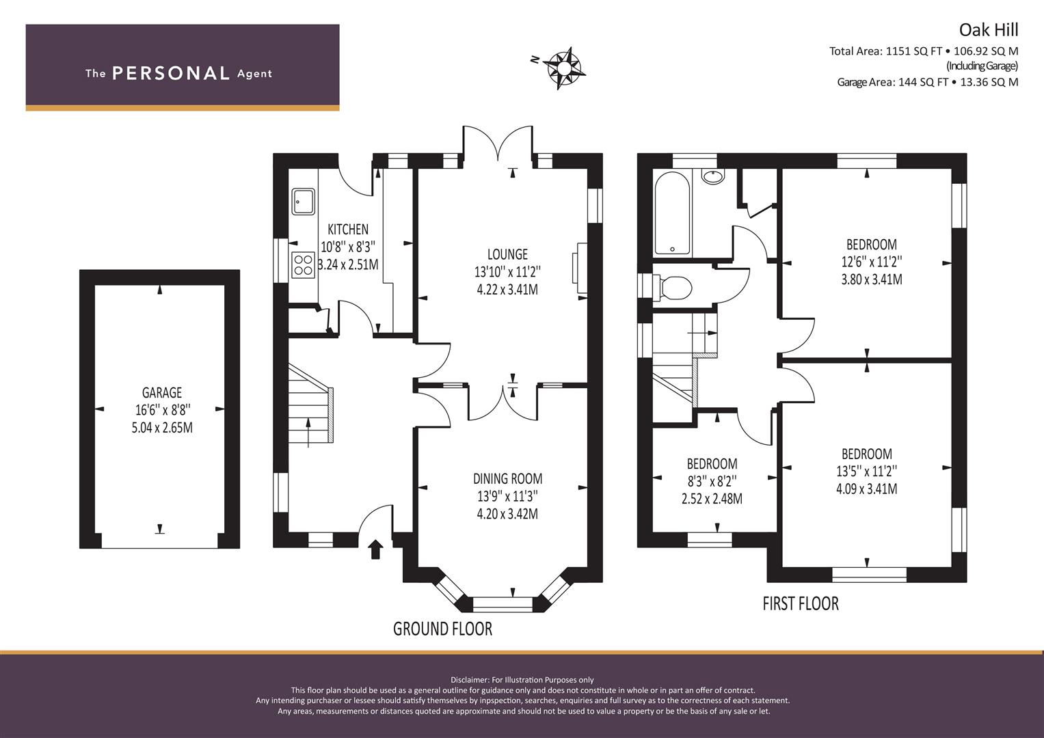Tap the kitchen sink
click(303, 202)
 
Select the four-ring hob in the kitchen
click(303, 265)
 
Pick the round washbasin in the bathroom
click(713, 177)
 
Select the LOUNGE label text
click(507, 254)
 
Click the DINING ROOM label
click(507, 478)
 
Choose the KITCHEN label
click(348, 229)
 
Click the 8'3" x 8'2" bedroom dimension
click(712, 481)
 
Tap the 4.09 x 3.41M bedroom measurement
click(867, 489)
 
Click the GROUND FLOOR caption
click(443, 629)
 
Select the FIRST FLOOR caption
click(801, 604)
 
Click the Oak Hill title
click(989, 30)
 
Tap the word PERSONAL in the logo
click(171, 73)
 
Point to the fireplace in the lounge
click(580, 268)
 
